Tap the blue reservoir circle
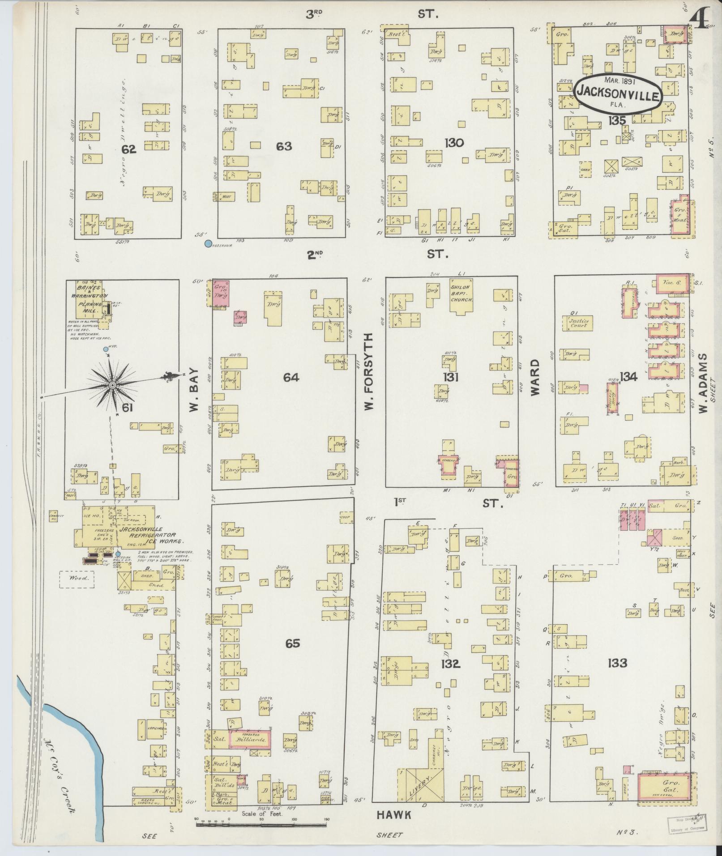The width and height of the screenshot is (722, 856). [208, 244]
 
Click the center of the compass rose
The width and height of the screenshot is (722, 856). [112, 385]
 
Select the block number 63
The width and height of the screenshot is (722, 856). [284, 146]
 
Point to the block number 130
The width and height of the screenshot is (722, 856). [454, 143]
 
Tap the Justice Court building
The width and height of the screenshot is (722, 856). [578, 323]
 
